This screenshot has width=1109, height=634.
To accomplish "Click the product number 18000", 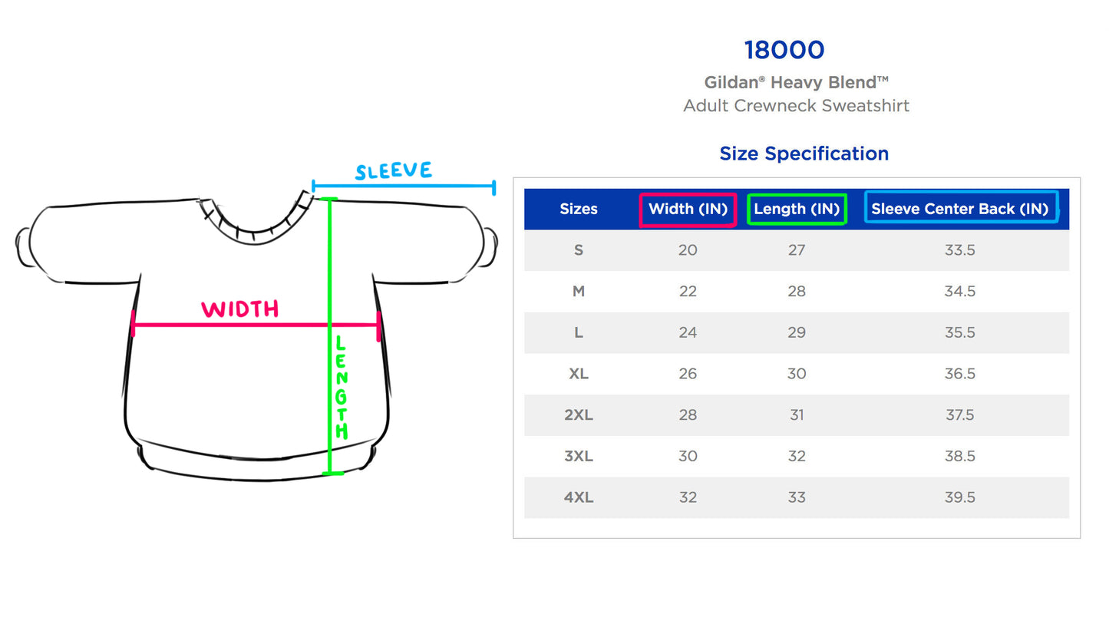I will [x=784, y=51].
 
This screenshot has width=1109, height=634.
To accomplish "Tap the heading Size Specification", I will [x=804, y=154].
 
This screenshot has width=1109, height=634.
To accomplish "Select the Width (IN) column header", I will [x=688, y=209].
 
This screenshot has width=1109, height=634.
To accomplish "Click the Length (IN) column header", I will [x=797, y=209].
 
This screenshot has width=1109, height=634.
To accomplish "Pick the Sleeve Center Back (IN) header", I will [x=959, y=209].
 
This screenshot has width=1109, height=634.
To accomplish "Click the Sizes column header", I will [x=579, y=209].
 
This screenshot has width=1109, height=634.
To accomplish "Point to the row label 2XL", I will [x=579, y=415].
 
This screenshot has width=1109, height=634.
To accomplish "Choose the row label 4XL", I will [x=579, y=497].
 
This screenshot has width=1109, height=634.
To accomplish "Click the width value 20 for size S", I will [x=688, y=250].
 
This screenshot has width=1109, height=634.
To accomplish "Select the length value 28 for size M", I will [x=797, y=292].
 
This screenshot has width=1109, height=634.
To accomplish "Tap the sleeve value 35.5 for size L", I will [x=959, y=332].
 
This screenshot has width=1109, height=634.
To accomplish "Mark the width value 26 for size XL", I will [x=688, y=374].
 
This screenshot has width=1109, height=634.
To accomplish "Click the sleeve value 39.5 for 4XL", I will [x=959, y=497].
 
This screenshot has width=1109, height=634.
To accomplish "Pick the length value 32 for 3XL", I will [x=797, y=457].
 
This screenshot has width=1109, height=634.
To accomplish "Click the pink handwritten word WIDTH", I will [x=240, y=309].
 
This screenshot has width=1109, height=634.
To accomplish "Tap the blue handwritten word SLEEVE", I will [x=393, y=171].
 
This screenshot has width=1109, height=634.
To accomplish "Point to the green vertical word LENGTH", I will [x=342, y=388].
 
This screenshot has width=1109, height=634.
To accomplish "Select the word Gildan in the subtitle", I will [x=731, y=83].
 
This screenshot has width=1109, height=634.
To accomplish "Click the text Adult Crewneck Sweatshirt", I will [x=796, y=106].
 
